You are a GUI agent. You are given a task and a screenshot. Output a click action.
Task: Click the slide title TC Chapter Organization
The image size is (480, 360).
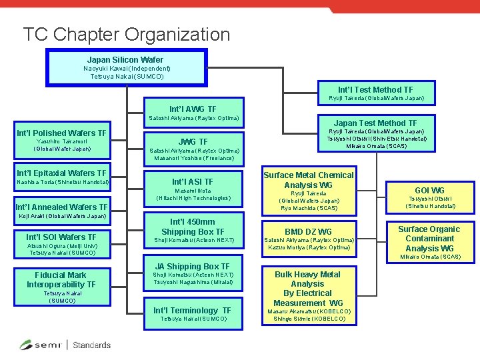pos(126,34)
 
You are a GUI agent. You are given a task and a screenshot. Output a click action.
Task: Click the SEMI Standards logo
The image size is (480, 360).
pos(65,345)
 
